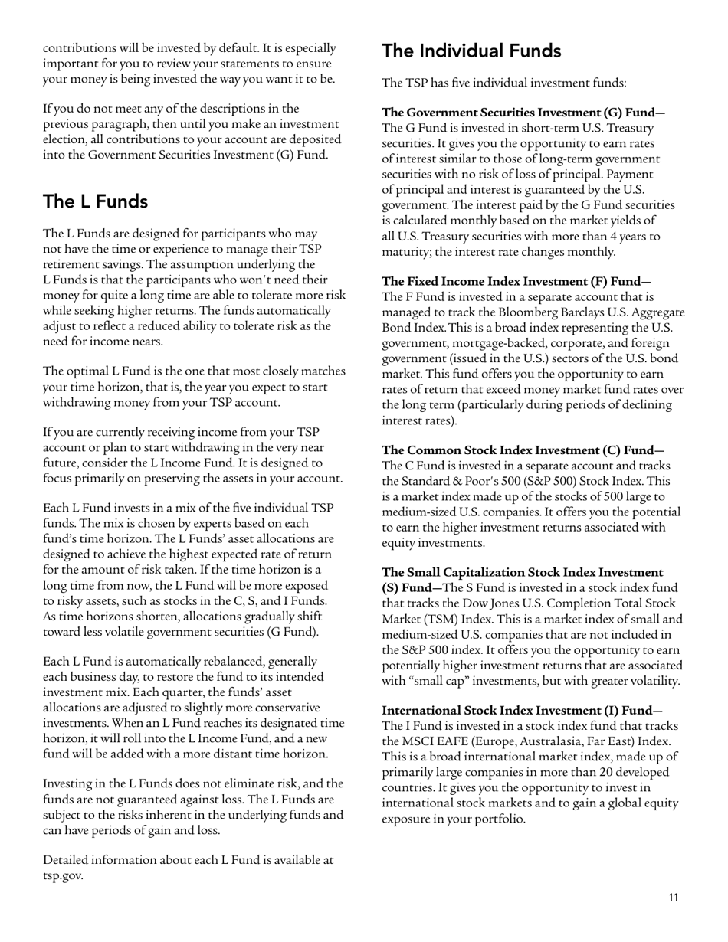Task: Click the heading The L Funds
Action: point(95,201)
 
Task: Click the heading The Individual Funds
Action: point(471,51)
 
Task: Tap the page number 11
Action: point(673,898)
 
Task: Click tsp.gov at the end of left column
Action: point(63,875)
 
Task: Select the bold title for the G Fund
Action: point(523,113)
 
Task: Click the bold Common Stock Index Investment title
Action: point(523,450)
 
